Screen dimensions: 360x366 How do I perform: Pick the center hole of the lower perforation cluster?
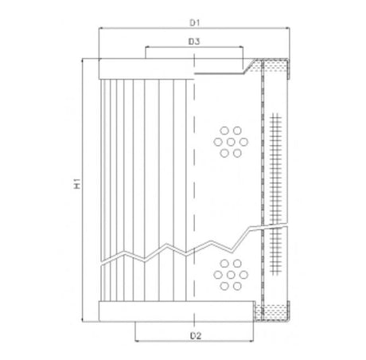pyautogui.click(x=230, y=272)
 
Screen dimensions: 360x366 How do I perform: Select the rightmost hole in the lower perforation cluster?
pyautogui.click(x=241, y=272)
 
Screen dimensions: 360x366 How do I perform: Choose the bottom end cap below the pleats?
pyautogui.click(x=146, y=311)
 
